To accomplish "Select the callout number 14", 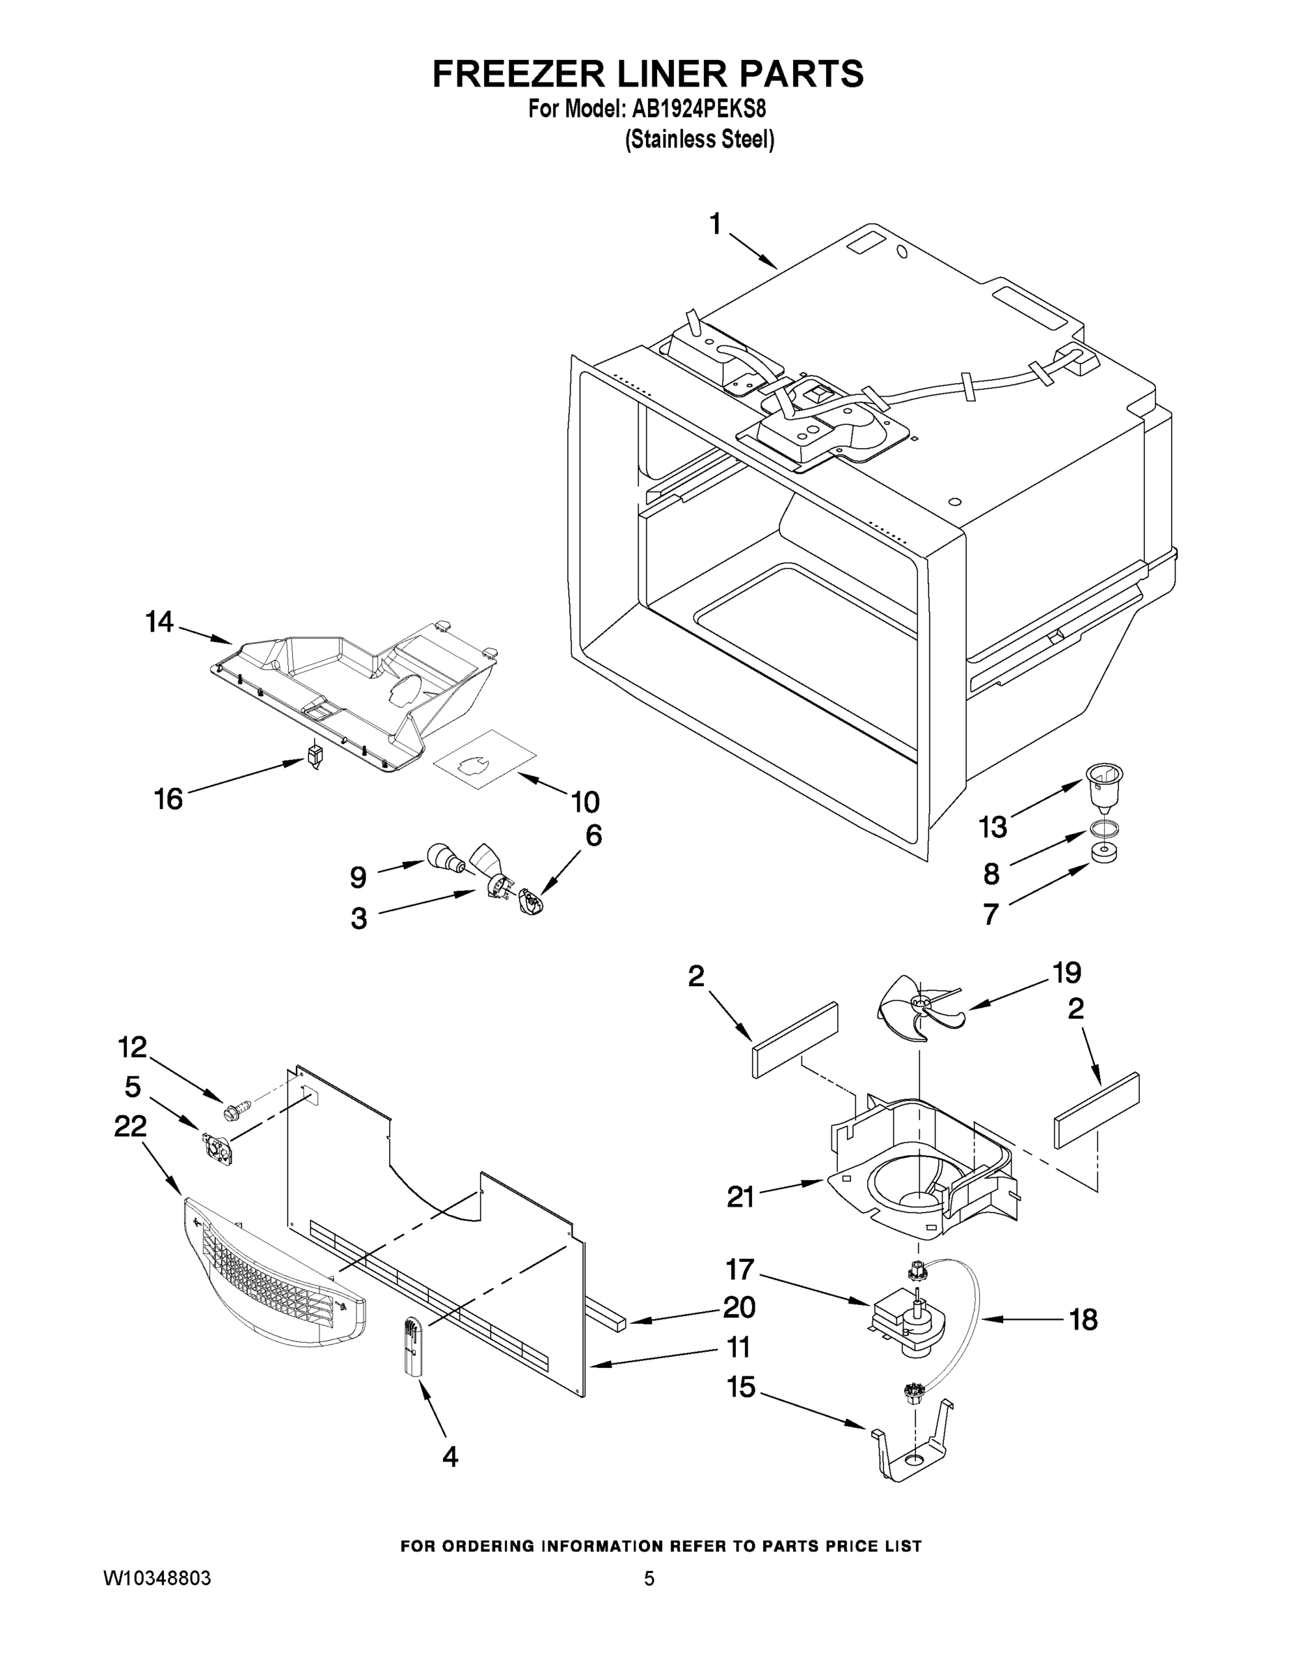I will (x=160, y=622).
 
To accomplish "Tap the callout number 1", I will (x=715, y=225).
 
